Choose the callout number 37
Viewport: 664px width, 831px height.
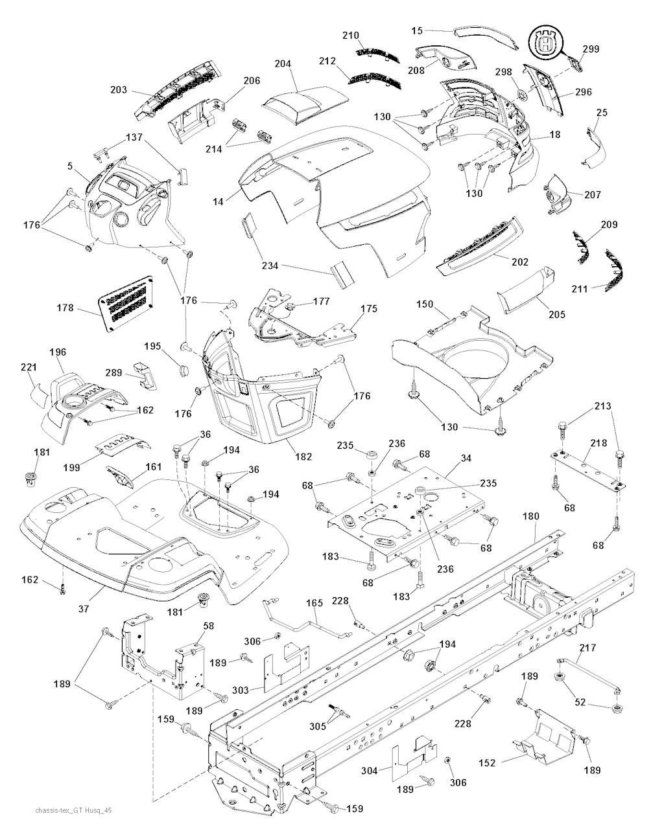[84, 609]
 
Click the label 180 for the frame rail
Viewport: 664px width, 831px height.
[531, 517]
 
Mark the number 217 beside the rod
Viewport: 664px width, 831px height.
[588, 648]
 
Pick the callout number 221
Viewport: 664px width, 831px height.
[28, 367]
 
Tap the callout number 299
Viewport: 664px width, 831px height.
[591, 49]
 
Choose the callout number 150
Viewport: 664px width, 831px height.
[425, 304]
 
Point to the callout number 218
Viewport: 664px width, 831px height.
[599, 444]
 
